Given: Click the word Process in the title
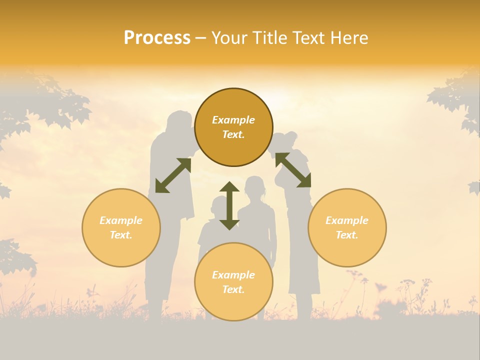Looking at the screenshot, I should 157,38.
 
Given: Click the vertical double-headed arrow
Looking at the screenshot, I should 229,205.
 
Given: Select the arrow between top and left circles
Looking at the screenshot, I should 173,175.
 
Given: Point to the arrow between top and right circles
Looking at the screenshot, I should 293,170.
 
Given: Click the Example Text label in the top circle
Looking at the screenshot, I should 233,127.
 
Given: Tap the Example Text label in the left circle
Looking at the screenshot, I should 121,227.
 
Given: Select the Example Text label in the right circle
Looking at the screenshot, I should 347,227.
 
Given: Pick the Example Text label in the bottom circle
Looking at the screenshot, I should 233,282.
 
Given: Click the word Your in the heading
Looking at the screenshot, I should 229,38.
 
